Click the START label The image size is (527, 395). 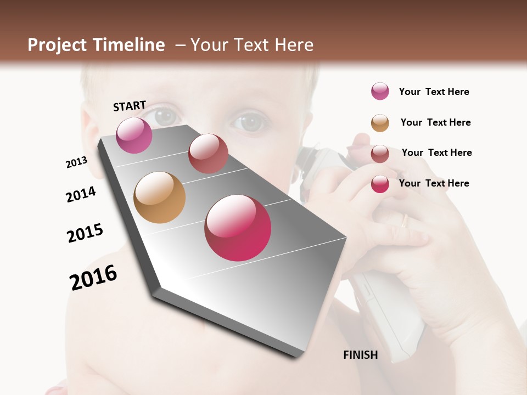coord(130,106)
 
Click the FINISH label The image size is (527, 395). coord(360,355)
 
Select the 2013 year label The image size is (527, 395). coord(76,162)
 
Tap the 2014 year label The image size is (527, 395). coord(81,194)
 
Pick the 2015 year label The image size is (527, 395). coord(85,233)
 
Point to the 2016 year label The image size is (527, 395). coord(93,278)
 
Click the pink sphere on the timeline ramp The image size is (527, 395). coord(134,135)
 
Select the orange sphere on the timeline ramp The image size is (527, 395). coord(159,198)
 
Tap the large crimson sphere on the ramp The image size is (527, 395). coord(238,228)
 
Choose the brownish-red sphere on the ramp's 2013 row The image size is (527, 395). coord(208,154)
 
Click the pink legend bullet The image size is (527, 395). coord(380,92)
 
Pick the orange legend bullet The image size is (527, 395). coord(380,123)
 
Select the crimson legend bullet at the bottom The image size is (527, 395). coord(380,184)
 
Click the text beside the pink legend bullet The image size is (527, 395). coord(434,92)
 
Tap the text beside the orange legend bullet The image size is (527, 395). coord(435,122)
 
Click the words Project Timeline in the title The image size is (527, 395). coord(96,45)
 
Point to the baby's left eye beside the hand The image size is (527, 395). coord(250,121)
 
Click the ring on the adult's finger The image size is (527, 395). coord(405,221)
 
